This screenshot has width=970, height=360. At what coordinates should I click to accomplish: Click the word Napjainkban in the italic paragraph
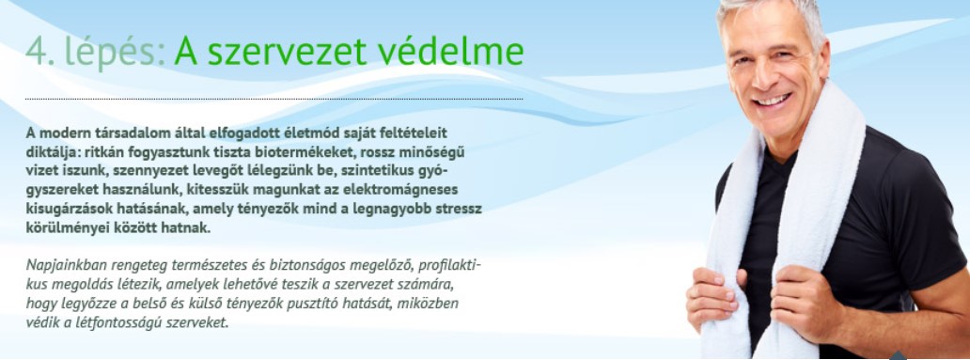(66, 265)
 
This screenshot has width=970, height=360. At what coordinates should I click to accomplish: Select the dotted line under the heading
(274, 99)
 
